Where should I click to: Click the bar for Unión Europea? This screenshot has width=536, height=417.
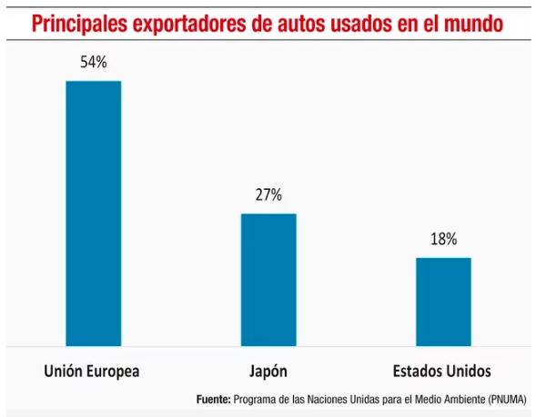point(93,213)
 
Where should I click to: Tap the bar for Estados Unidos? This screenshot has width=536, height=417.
point(443,301)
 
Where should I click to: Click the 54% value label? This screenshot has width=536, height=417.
point(93,64)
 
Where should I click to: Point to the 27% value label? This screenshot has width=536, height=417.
point(268,195)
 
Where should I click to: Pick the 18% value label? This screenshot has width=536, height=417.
point(443,240)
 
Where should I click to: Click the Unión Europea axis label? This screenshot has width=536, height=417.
point(92,372)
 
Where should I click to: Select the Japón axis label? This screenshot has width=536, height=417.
point(268,372)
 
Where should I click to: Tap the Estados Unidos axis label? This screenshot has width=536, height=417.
point(442,372)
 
